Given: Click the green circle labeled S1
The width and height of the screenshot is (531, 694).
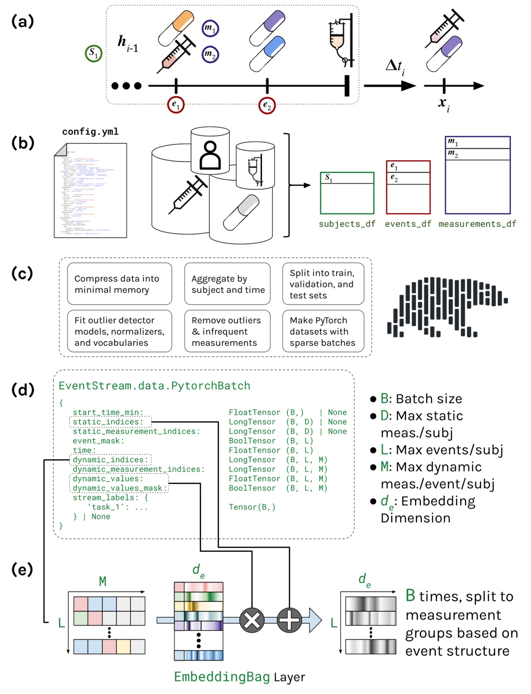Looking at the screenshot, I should click(x=93, y=54).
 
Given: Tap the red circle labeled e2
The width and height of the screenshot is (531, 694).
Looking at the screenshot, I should click(x=267, y=105).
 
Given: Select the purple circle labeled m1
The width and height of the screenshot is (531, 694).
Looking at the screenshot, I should click(x=210, y=29).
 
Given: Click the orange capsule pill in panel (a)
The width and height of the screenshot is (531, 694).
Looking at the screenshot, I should click(x=176, y=28).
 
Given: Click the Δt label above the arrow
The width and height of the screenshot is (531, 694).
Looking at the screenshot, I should click(x=395, y=67).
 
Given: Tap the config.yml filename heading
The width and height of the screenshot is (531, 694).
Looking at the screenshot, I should click(x=90, y=132).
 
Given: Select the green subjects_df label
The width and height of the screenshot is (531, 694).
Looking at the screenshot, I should click(x=347, y=224).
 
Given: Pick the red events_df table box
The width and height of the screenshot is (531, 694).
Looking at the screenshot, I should click(x=408, y=187).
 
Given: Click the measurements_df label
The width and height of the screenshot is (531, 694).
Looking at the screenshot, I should click(x=477, y=224).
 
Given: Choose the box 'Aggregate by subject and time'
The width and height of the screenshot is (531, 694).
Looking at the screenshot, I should click(x=228, y=284).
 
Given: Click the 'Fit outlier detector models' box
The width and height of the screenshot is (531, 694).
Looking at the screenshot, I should click(x=119, y=331).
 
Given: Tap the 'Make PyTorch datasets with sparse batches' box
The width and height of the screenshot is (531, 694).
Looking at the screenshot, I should click(x=323, y=331).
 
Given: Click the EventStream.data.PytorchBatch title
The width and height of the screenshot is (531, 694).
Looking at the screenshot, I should click(x=154, y=386).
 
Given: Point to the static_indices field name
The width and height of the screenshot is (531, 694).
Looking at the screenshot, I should click(x=110, y=422).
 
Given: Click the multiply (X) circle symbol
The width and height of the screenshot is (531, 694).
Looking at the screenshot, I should click(x=252, y=620).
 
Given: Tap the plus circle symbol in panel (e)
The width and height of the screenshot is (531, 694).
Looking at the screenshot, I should click(x=289, y=620).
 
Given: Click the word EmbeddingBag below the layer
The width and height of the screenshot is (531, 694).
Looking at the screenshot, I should click(x=222, y=677).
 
